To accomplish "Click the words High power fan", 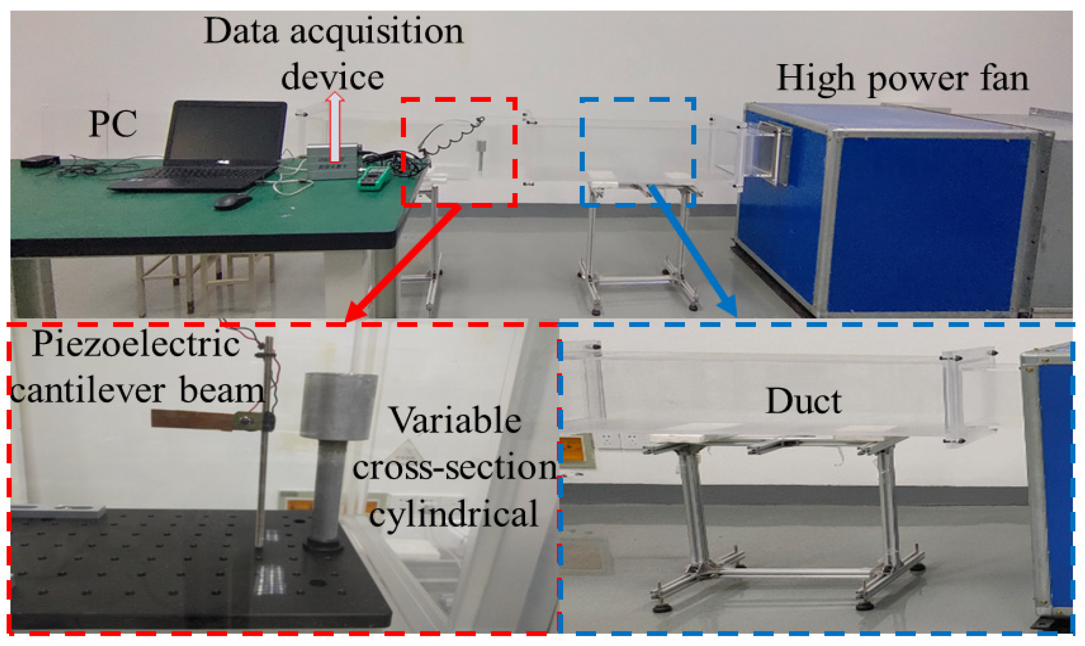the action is pos(902,79).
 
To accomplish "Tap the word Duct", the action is pos(804,401).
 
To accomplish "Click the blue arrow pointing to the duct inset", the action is pos(693,250).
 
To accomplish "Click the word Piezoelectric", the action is pos(136,344).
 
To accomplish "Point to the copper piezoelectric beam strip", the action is pos(193,420).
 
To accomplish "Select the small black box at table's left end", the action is pos(40,161).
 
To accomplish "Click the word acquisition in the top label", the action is pos(376,32).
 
